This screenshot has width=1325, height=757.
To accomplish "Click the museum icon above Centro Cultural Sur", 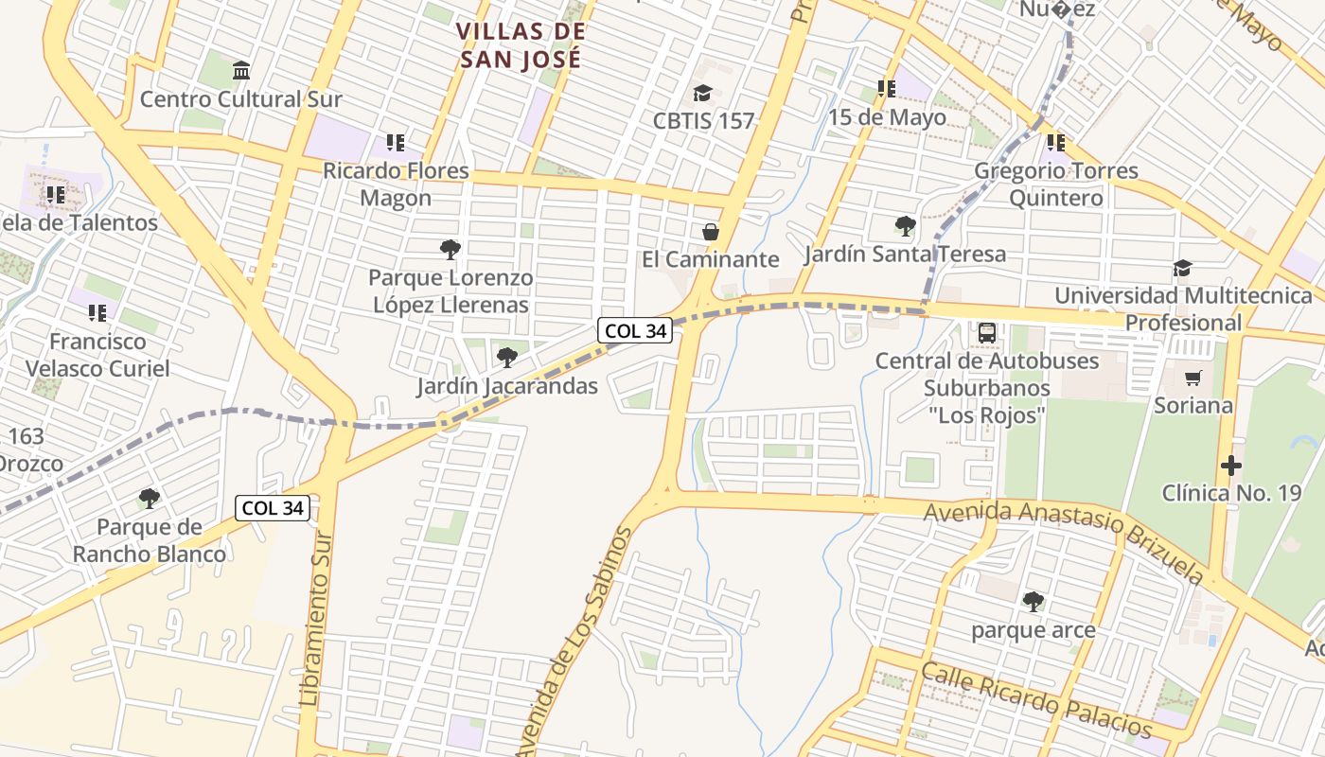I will (x=240, y=71).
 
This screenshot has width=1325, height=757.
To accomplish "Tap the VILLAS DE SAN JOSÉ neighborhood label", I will (x=521, y=44).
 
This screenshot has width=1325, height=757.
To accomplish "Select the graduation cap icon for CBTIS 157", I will (x=702, y=93).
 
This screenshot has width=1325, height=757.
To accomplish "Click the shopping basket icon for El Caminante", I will (x=710, y=232).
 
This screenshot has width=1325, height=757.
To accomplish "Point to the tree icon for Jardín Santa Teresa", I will (x=905, y=226).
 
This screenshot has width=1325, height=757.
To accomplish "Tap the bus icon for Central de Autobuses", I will (x=986, y=333).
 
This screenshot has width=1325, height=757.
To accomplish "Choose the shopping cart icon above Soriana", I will (x=1192, y=378).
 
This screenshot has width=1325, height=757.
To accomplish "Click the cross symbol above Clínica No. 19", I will (x=1230, y=466).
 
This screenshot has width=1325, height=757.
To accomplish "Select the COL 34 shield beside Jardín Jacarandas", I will (x=634, y=330).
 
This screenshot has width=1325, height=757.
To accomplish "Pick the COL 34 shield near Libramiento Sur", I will (x=273, y=507).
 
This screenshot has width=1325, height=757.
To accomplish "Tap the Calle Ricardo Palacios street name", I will (x=1036, y=701).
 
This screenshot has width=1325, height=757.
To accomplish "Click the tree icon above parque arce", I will (x=1033, y=601).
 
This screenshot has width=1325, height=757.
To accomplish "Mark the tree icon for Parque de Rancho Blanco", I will (x=149, y=498).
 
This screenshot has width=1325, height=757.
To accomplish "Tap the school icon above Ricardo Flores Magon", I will (x=395, y=143).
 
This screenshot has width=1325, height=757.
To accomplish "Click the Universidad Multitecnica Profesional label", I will (x=1183, y=308).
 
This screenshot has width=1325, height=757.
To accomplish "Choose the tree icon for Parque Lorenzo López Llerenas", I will (x=450, y=250).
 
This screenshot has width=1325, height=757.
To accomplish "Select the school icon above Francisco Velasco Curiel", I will (x=97, y=312).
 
